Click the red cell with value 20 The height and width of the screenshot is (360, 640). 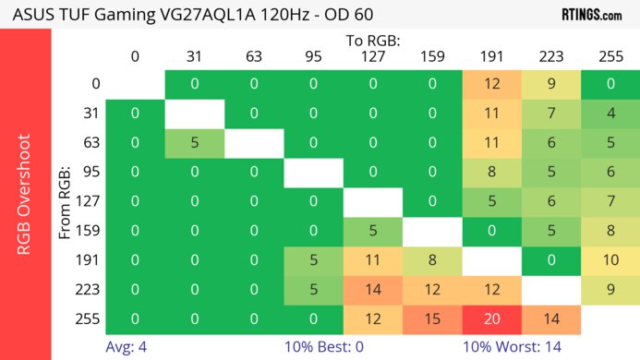(492, 318)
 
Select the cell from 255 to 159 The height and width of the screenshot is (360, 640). (432, 318)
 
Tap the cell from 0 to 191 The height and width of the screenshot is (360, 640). (492, 84)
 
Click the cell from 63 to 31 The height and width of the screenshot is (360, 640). (195, 143)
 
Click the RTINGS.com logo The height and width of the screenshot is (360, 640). (591, 14)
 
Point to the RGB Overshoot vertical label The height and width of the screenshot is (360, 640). (26, 194)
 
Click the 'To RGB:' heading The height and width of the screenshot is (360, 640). (373, 41)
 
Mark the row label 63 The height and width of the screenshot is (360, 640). (91, 143)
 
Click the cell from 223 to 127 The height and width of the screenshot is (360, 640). (373, 290)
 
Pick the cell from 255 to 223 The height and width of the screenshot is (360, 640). (551, 318)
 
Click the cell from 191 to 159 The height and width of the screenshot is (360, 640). (432, 260)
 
